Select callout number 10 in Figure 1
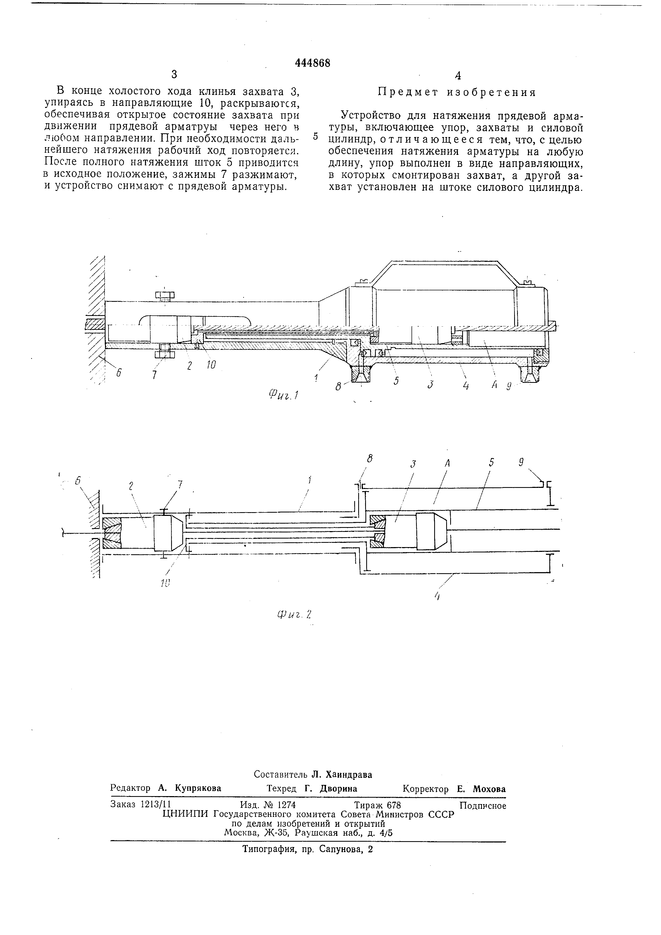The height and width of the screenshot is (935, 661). point(211,365)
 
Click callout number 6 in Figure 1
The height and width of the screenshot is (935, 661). point(118,372)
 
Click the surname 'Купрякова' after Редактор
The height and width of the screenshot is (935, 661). point(198,788)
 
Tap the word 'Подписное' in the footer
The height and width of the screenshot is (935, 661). point(483,805)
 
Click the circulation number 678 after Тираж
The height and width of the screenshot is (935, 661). point(394,805)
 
